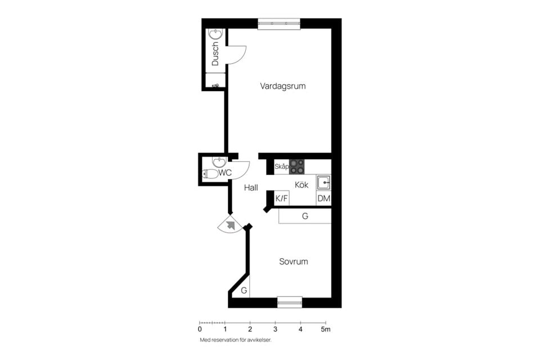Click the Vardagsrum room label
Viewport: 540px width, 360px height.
[283, 86]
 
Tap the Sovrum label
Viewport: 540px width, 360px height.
[294, 262]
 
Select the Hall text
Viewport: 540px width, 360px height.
[251, 188]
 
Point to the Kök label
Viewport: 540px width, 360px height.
[301, 185]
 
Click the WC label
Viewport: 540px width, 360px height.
[225, 173]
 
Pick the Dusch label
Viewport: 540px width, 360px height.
[215, 54]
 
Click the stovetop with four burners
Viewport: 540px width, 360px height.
[297, 166]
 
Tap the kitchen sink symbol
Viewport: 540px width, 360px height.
[324, 183]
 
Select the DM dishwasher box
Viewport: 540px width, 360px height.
[324, 199]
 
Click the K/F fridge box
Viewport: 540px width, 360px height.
[282, 199]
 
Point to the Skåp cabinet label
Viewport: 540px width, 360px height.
[281, 166]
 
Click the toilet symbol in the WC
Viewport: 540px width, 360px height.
[210, 174]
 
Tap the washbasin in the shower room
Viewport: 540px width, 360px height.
[216, 34]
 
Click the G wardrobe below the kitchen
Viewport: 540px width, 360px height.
[305, 216]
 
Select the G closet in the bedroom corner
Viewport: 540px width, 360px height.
[244, 290]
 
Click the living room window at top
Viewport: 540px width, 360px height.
[279, 24]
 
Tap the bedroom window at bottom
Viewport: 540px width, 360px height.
[290, 302]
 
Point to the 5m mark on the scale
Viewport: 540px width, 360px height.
[326, 329]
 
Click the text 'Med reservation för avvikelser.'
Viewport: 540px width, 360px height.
[236, 340]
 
